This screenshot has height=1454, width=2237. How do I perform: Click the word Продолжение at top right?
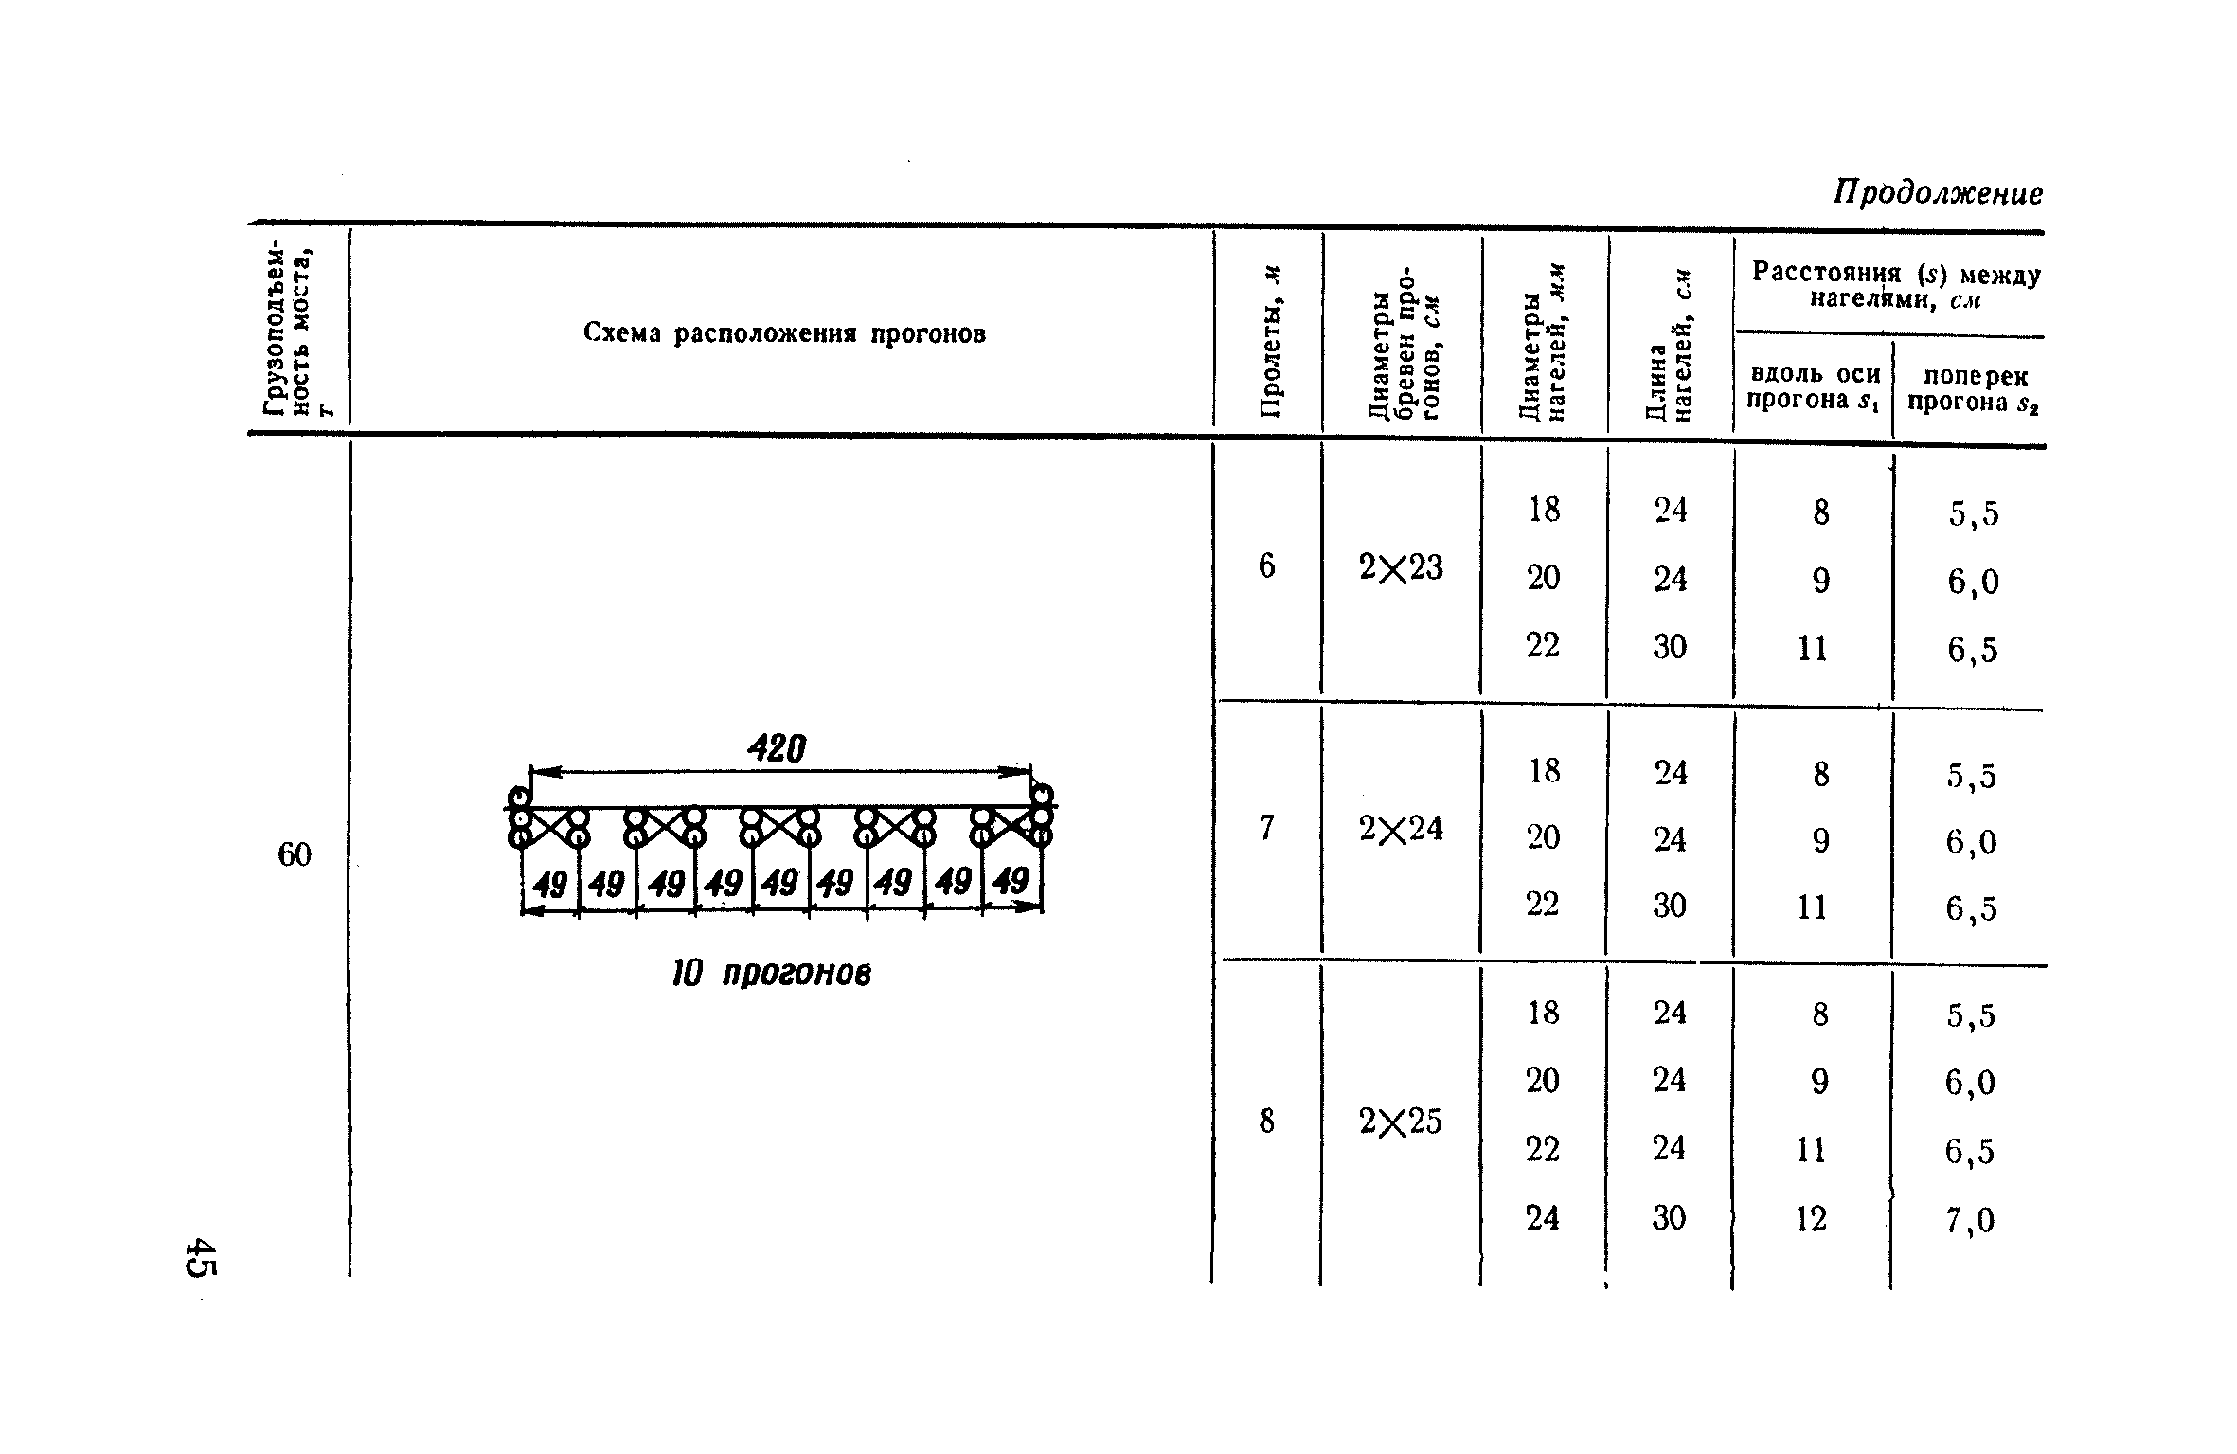(1937, 193)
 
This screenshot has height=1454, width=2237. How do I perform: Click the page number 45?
(201, 1257)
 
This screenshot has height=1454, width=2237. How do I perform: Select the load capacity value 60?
(294, 855)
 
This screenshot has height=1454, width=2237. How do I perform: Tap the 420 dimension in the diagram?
(777, 750)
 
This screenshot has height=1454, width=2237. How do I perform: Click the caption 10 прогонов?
(771, 974)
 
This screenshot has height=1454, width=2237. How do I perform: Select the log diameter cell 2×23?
(1400, 568)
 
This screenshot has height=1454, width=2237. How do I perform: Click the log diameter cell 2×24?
(1400, 830)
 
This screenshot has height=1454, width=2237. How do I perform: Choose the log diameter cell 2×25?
(1400, 1122)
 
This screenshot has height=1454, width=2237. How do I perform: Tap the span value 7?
(1266, 829)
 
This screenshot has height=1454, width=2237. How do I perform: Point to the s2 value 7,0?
(1970, 1220)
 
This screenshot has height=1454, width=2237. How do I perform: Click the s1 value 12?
(1811, 1219)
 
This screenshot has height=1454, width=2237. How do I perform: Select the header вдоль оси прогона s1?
(1813, 387)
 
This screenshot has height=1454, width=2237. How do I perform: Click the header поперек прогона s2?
(1971, 389)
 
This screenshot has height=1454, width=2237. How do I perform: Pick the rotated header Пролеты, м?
(1268, 342)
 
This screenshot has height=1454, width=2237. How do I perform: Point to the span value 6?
(1266, 566)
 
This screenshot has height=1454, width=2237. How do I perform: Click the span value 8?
(1266, 1122)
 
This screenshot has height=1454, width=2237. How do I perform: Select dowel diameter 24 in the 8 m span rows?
(1542, 1218)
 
